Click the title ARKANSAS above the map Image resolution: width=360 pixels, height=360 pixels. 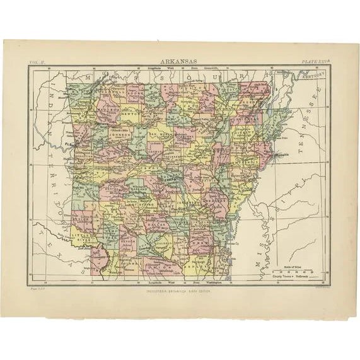180,62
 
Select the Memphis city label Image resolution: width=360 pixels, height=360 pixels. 282,153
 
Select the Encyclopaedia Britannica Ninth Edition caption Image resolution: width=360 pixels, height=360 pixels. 180,291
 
